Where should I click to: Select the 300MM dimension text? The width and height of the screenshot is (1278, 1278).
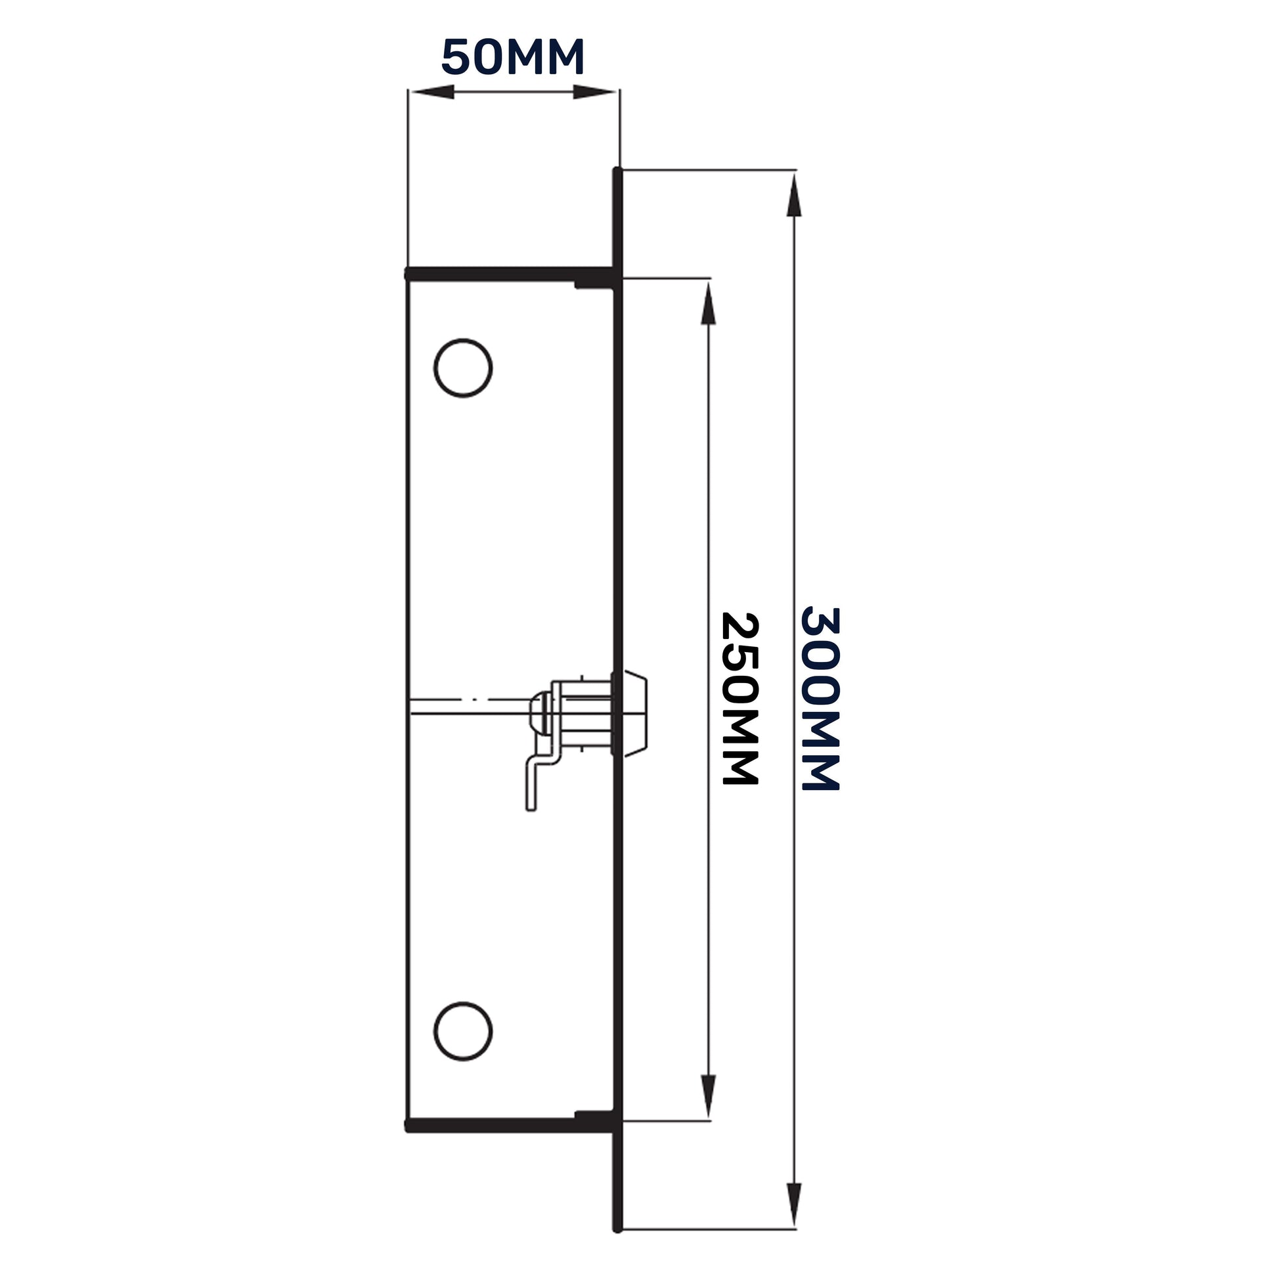pos(820,699)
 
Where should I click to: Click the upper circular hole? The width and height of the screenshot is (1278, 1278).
pos(463,368)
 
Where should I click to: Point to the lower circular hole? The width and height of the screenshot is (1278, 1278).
pos(463,1031)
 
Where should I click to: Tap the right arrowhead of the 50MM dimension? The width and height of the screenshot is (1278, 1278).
pos(595,92)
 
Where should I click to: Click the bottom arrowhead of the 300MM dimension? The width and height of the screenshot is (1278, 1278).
pos(794,1205)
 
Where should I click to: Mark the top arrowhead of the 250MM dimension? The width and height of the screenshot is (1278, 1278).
pos(708,302)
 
